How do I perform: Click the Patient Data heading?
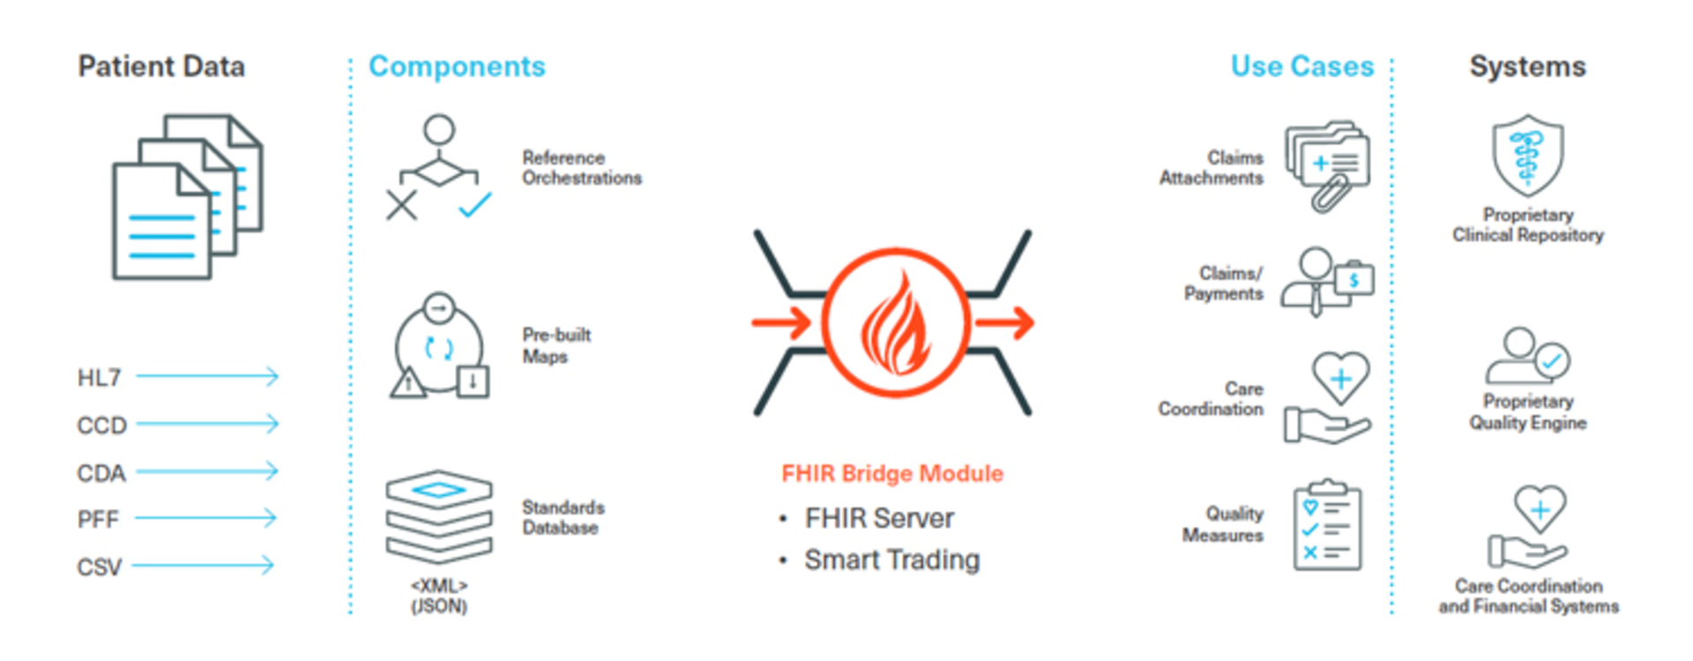(161, 66)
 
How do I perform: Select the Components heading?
(457, 66)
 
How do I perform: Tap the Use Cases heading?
(1301, 66)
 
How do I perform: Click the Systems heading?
(1527, 66)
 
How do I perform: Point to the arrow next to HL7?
(207, 376)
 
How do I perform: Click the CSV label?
(99, 567)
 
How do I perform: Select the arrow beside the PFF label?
(205, 517)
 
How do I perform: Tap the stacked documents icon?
(187, 197)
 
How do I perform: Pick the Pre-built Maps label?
(556, 345)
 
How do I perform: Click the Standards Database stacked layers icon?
(438, 516)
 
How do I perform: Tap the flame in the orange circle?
(896, 324)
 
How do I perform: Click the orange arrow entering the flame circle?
(781, 323)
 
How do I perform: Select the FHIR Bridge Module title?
(891, 473)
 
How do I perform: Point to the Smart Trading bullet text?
(891, 560)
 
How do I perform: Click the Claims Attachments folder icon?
(1328, 166)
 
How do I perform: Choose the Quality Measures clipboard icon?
(1327, 526)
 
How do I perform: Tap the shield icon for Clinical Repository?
(1527, 155)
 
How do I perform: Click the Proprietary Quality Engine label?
(1527, 412)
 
